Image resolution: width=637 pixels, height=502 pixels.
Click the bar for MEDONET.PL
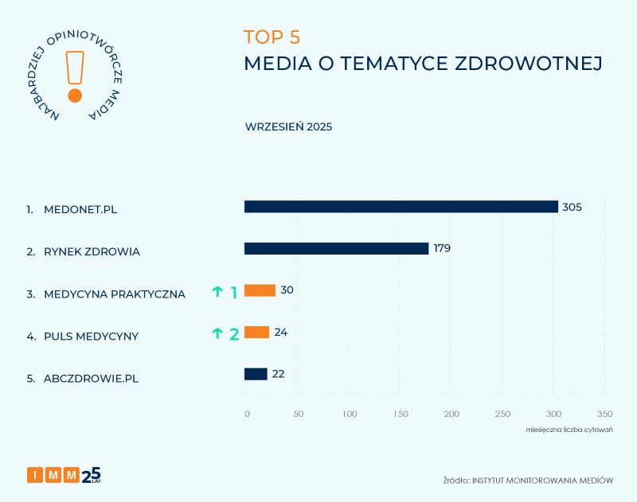(x=401, y=207)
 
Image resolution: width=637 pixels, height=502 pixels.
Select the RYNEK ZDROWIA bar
(x=336, y=249)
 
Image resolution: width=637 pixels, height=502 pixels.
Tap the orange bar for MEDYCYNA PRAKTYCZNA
(x=260, y=290)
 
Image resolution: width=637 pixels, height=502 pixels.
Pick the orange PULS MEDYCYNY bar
(x=256, y=333)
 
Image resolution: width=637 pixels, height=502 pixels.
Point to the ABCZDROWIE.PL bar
(x=256, y=374)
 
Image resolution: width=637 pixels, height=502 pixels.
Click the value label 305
(x=572, y=207)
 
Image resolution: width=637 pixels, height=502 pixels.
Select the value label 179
(x=442, y=248)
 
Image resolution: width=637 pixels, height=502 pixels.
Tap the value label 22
(x=278, y=374)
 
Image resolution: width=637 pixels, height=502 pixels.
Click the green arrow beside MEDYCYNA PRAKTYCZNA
(x=217, y=292)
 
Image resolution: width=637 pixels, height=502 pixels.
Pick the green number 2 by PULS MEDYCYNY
(x=234, y=334)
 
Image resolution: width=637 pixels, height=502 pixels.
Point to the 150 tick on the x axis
(x=401, y=414)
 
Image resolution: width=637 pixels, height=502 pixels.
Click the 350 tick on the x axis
(x=605, y=414)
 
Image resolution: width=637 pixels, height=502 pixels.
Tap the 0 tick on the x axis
(x=247, y=414)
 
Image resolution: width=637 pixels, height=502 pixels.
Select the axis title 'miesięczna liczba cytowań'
(x=563, y=430)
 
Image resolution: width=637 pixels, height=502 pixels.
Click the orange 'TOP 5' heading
(x=272, y=37)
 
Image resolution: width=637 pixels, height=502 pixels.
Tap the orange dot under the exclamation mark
(x=75, y=95)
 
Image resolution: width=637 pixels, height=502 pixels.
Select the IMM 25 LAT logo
(x=64, y=475)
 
